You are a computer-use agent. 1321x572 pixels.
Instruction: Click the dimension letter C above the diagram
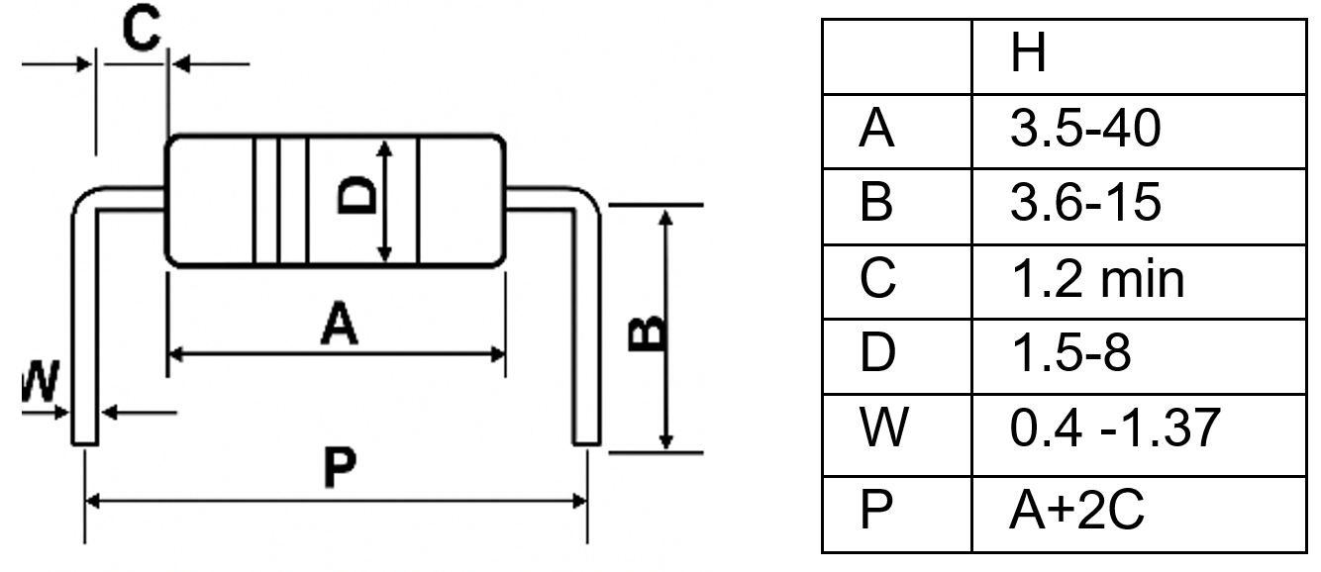pos(141,31)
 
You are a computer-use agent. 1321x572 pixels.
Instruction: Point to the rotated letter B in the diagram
pos(647,334)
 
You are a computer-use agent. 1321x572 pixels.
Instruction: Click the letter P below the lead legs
pos(339,470)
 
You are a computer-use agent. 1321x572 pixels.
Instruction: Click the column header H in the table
pos(1029,55)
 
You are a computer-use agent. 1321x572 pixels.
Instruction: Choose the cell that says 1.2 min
pos(1096,280)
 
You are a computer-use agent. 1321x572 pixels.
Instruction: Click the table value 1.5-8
pos(1069,353)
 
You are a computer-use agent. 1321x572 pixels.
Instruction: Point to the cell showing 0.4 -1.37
pos(1114,429)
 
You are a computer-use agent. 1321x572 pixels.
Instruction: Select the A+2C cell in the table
pos(1076,512)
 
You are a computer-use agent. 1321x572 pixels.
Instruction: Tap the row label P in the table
pos(877,512)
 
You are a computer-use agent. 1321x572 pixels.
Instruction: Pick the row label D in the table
pos(877,353)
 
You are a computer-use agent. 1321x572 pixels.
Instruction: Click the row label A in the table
pos(877,130)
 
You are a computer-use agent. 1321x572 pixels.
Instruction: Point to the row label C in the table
pos(877,280)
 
